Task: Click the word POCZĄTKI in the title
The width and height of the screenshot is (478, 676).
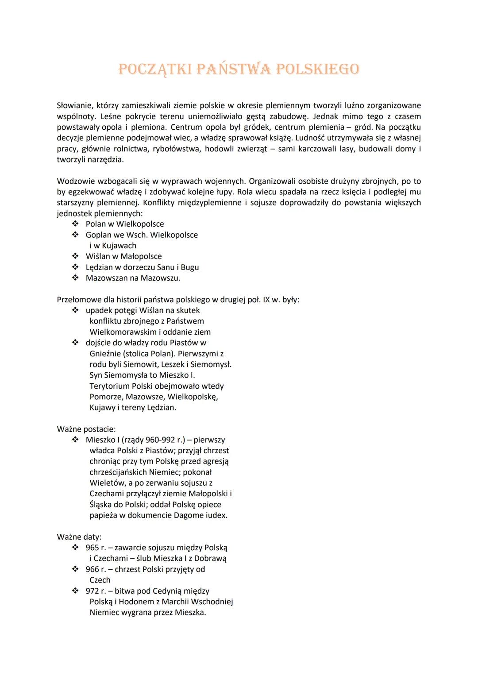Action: [x=155, y=70]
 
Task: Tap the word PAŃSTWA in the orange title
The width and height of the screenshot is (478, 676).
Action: [x=233, y=70]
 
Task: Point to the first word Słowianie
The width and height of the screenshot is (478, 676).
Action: [x=74, y=106]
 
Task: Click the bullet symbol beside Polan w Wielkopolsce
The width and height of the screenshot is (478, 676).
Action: [x=76, y=224]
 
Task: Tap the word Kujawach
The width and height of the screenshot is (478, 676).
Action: [x=119, y=246]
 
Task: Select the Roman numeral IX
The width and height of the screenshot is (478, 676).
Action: [x=266, y=300]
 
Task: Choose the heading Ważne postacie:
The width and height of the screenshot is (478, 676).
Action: [x=86, y=429]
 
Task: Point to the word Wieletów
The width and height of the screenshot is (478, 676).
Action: [x=107, y=483]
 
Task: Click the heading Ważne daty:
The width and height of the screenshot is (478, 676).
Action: [x=79, y=537]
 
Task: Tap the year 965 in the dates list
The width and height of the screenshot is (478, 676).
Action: [x=92, y=548]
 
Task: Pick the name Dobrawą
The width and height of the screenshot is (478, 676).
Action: [x=210, y=559]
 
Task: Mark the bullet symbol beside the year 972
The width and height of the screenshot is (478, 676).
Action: [x=76, y=591]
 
